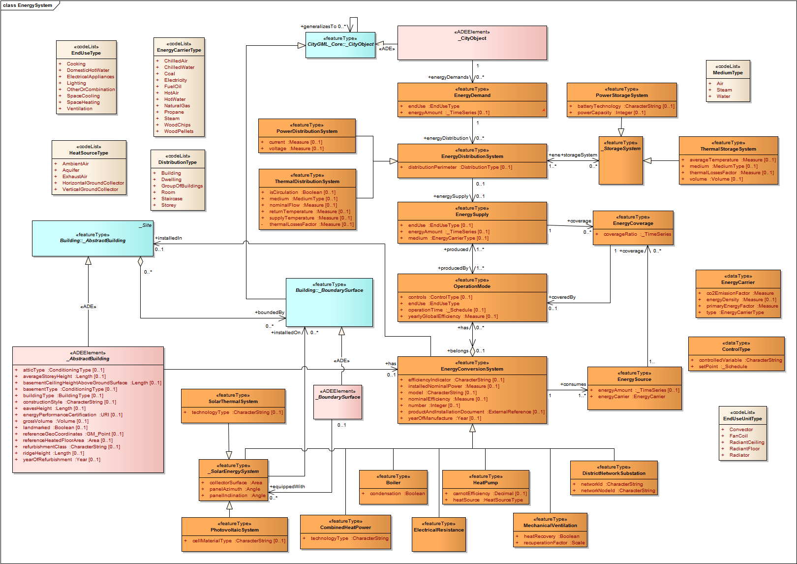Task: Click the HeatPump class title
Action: click(486, 483)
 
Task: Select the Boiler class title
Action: click(393, 483)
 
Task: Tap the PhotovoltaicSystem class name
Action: click(235, 530)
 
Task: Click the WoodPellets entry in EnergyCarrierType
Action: click(179, 131)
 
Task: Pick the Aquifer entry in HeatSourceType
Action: click(71, 170)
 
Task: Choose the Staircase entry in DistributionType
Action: click(172, 199)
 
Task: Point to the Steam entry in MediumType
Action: click(724, 90)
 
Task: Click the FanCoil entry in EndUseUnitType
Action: click(738, 436)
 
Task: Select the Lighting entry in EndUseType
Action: click(76, 83)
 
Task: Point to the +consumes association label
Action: click(573, 384)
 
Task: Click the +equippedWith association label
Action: click(287, 487)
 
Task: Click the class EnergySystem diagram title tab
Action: click(28, 5)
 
